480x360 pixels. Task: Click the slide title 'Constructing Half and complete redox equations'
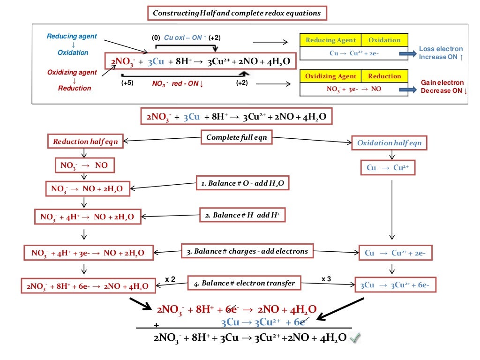pos(237,13)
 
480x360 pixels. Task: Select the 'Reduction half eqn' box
pos(85,142)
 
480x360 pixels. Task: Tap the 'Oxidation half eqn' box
pos(389,143)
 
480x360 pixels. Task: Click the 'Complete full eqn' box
pos(236,138)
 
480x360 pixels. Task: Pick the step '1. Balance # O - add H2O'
pos(242,183)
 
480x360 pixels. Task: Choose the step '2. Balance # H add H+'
pos(242,215)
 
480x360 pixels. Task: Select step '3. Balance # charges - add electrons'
pos(247,251)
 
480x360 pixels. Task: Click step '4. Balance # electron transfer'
pos(244,283)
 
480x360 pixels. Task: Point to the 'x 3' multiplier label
pos(327,279)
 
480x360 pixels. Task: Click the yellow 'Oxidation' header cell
pos(384,40)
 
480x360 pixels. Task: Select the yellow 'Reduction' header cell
pos(384,76)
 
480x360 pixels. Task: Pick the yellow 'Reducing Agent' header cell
pos(330,40)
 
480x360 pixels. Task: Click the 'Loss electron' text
pos(441,49)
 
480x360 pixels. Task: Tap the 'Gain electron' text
pos(442,82)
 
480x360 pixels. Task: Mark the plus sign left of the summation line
pos(156,325)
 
